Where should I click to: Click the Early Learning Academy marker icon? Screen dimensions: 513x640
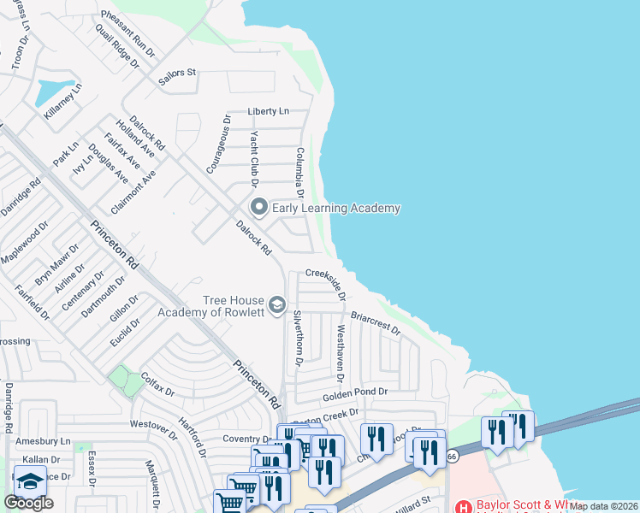pos(258,207)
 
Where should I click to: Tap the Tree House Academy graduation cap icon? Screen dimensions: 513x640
pos(276,305)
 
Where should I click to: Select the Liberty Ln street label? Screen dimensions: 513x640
pos(269,111)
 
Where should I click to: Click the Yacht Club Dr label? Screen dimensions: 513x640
pos(254,158)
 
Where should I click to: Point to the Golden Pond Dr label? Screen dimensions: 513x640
pos(355,392)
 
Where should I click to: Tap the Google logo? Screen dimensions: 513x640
pos(28,502)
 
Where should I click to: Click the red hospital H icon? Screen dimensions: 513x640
pos(465,506)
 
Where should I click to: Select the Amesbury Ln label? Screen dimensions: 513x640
pos(42,441)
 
